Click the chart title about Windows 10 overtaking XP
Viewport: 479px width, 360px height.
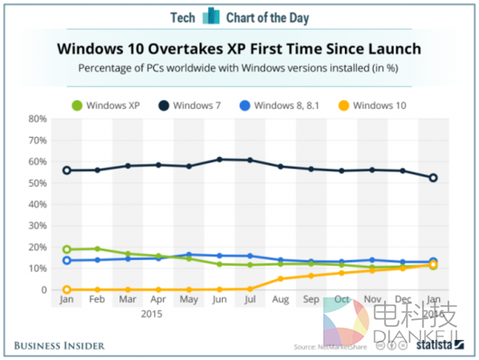tap(239, 49)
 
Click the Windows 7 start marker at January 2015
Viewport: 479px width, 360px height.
tap(66, 170)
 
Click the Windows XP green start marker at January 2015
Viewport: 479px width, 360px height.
tap(66, 249)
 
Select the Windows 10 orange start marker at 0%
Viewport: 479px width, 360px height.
tap(66, 289)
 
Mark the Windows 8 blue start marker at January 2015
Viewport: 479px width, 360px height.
tap(66, 261)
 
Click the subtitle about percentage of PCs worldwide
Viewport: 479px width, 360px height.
tap(239, 67)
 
